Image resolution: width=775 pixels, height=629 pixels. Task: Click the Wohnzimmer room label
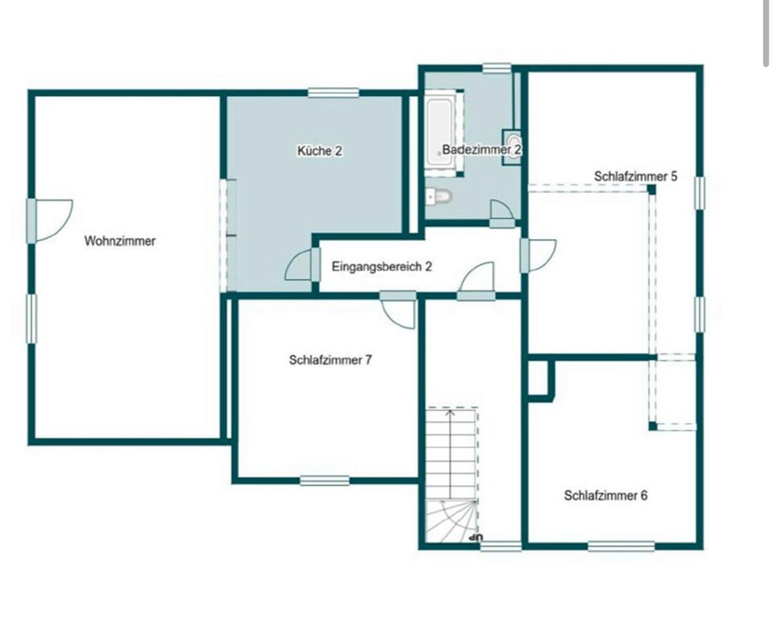point(119,241)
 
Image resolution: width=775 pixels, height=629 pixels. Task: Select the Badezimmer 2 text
point(482,150)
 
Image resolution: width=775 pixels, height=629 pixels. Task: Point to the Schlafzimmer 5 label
point(635,176)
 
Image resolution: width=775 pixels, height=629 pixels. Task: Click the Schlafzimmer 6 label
point(605,496)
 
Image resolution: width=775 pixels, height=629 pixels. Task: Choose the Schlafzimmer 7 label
point(330,361)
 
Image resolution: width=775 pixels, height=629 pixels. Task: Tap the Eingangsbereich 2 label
point(381,266)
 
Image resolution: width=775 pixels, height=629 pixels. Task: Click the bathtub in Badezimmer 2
point(440,132)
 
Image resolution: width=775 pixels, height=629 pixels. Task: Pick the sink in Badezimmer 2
point(512,147)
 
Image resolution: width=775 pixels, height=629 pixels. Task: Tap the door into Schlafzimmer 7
point(399,311)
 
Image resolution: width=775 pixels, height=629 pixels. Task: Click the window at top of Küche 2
point(333,93)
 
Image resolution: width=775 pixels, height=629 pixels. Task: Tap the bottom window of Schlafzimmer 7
point(325,480)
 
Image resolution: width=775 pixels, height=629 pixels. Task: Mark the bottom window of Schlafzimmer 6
point(620,547)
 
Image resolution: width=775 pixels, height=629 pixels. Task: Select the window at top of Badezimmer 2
point(497,68)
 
